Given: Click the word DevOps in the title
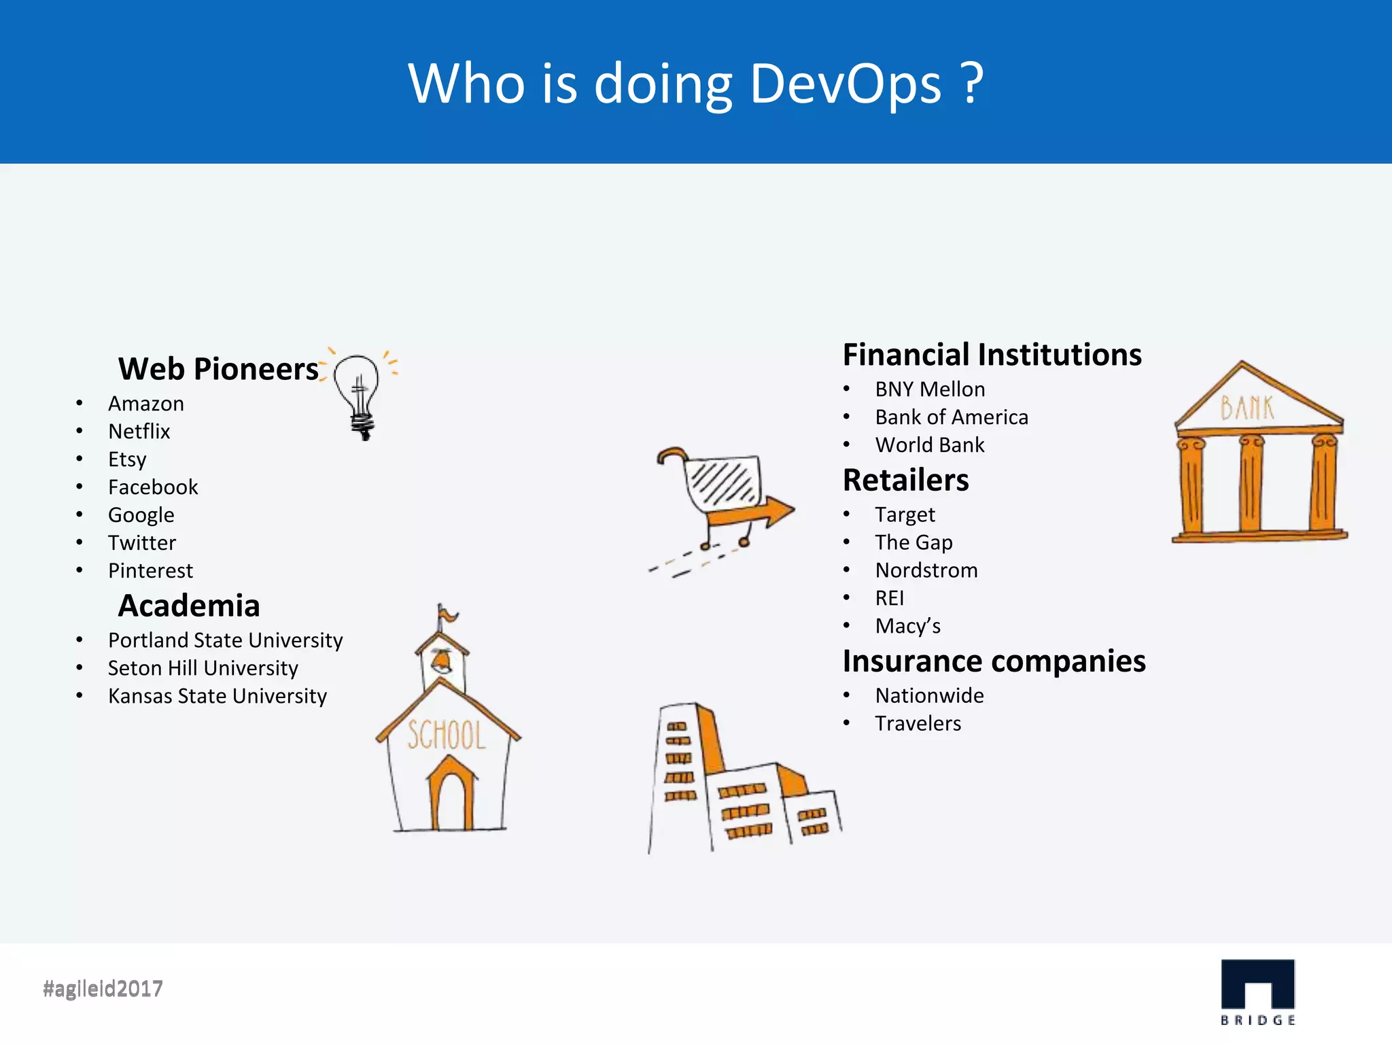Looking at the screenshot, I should click(846, 84).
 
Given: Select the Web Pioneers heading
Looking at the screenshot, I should click(218, 369).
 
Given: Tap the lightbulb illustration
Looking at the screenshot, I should click(358, 394).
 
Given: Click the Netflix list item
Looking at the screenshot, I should click(139, 432).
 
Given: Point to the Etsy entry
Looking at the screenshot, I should click(127, 459).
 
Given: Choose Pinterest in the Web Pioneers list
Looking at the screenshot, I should click(150, 571).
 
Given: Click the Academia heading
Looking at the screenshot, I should click(189, 606).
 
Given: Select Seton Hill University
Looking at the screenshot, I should click(203, 668).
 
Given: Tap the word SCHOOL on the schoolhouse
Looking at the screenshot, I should click(447, 736).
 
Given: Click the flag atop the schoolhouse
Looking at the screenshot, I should click(447, 615).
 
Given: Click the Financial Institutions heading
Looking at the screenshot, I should click(992, 355).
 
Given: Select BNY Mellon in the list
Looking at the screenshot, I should click(930, 389).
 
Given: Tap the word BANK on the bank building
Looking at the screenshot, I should click(1247, 408).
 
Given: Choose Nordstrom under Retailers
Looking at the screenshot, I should click(926, 570).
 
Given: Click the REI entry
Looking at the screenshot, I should click(890, 598).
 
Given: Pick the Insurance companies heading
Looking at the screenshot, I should click(994, 661).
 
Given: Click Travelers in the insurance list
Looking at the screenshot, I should click(918, 724).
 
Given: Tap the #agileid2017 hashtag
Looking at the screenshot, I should click(103, 988).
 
